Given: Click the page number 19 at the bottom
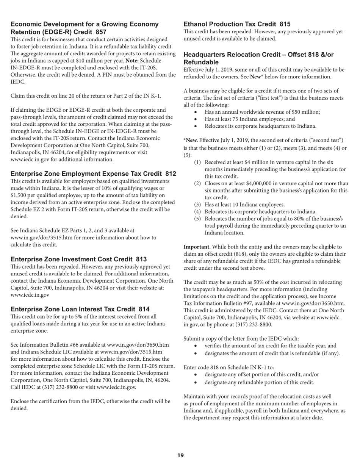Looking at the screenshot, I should [x=180, y=455].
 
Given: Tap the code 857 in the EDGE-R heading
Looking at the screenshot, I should [x=99, y=32].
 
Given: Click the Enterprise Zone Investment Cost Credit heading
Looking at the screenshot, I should [x=78, y=259].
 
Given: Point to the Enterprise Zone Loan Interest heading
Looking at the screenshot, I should [x=80, y=309].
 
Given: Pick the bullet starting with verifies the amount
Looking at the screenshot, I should [x=270, y=346].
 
